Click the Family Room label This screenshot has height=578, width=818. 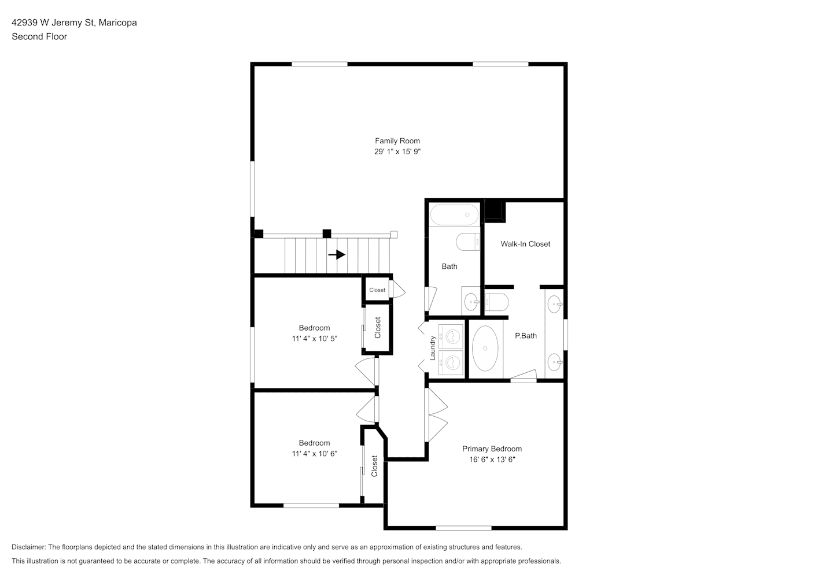pos(397,141)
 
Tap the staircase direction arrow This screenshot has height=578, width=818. pos(337,254)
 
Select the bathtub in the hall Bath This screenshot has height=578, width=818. pos(454,214)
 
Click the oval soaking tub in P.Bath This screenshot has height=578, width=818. pos(485,349)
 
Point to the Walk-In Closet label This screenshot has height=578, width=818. pos(525,244)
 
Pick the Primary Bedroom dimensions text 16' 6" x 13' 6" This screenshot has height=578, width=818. pos(492,460)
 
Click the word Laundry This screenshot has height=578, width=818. pos(433,348)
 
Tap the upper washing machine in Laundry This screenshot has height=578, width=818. pos(451,336)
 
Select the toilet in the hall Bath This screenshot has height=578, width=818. pos(468,242)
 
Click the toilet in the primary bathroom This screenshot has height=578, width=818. pos(496,302)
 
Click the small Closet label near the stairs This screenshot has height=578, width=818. pos(377,290)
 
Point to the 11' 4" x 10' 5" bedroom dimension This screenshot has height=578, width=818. pos(315,339)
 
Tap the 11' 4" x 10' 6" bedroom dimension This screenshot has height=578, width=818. pos(315,454)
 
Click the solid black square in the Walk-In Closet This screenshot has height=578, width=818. pos(495,211)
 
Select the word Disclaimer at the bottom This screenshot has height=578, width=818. pos(29,547)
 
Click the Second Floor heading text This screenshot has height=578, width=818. pos(39,36)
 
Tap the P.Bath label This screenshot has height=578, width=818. pos(526,336)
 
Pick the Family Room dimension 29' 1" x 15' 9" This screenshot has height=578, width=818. pos(397,151)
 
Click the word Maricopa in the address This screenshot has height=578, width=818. pos(117,23)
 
